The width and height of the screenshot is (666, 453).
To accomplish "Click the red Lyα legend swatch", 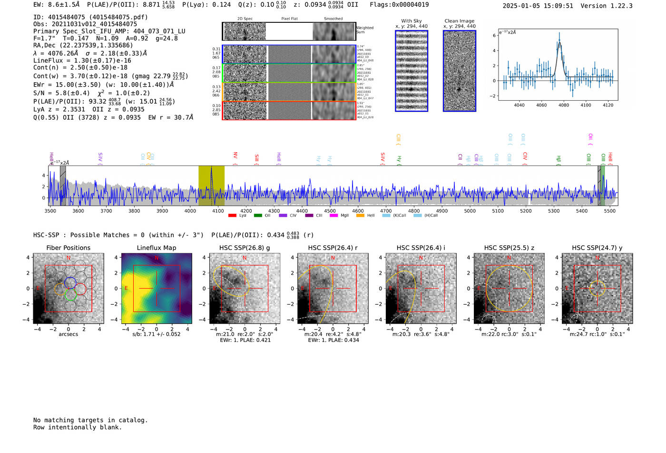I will pos(232,216).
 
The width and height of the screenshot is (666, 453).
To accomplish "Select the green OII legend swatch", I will pos(258,216).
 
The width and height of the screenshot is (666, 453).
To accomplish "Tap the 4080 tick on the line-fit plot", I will pos(564,105).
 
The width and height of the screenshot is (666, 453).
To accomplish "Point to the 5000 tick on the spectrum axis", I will pos(470,211).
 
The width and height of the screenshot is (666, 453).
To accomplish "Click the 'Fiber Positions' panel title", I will pos(68,248).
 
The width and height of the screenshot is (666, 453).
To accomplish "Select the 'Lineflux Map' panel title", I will pos(157,248).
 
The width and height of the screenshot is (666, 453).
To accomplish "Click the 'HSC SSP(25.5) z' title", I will pos(509,248).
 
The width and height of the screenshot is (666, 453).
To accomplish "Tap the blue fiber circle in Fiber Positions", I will pos(70,282).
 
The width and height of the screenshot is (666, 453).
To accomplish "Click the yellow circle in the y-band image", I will pos(597,288).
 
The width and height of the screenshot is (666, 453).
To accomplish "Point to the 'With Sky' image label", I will pos(411,21).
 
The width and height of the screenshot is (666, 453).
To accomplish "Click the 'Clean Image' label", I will pos(459,21).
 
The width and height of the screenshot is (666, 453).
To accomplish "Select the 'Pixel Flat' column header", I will pos(289,19).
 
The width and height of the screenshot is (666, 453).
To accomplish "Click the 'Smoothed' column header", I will pos(333,19).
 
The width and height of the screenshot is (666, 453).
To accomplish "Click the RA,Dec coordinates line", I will pos(83,45).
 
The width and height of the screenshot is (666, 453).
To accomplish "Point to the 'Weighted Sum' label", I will pos(365,30).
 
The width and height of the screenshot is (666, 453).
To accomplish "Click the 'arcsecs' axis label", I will pos(68,334).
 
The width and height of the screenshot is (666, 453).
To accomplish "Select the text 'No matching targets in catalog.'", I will pos(90,420).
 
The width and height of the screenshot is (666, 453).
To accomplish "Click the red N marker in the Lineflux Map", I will pos(157,258).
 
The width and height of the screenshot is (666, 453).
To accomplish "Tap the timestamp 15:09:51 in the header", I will pos(555,6).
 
